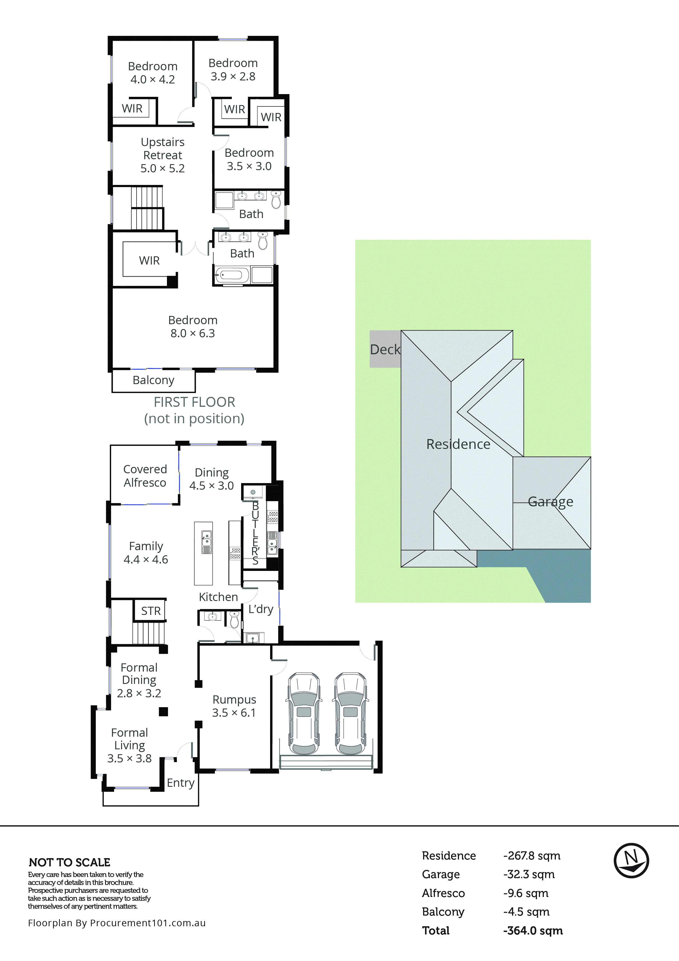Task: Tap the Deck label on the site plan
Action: [385, 350]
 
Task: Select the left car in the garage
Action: [304, 714]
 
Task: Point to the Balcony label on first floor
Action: [153, 380]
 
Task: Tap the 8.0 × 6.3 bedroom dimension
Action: [193, 333]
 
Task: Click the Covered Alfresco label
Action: [145, 476]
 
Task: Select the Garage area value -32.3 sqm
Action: [529, 874]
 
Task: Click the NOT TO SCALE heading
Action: [70, 862]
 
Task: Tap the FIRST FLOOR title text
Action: [194, 402]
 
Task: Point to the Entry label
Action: [180, 783]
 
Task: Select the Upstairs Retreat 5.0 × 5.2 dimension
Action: [162, 168]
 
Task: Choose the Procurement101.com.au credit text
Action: [117, 923]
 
